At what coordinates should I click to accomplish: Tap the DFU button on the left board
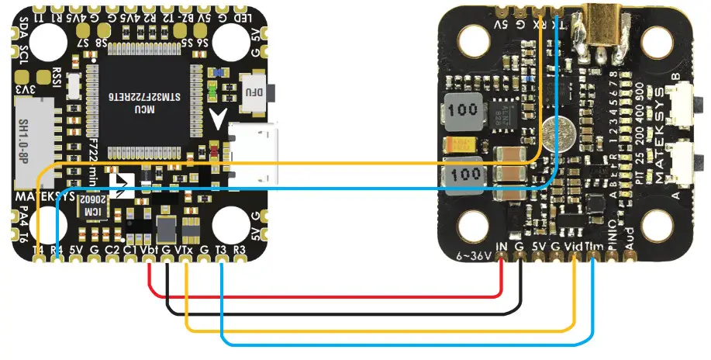[x=254, y=91]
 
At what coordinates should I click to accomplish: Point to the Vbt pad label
[x=150, y=251]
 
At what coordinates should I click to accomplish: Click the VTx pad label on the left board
[x=185, y=251]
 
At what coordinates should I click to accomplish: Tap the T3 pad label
[x=222, y=251]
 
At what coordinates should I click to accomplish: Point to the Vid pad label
[x=575, y=245]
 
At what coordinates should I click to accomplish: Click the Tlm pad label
[x=594, y=245]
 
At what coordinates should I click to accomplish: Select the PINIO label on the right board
[x=612, y=237]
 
